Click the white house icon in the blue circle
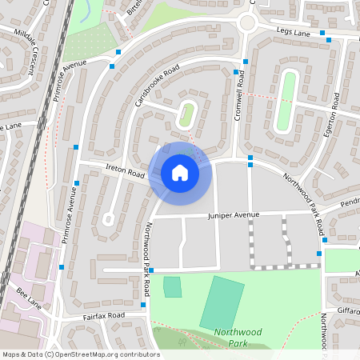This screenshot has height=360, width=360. click(x=180, y=173)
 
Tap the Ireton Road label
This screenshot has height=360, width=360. click(x=125, y=171)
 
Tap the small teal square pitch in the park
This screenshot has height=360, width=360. click(x=172, y=286)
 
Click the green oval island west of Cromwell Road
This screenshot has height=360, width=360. click(x=187, y=114)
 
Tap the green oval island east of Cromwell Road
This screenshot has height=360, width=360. click(x=286, y=102)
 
